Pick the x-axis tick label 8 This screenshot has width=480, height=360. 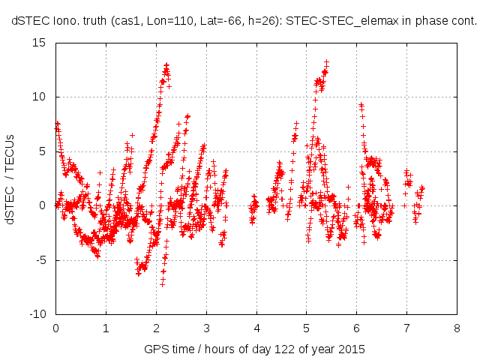pyautogui.click(x=457, y=328)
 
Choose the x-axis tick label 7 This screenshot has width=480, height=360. pyautogui.click(x=406, y=328)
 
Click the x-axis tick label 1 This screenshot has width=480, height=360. pyautogui.click(x=106, y=328)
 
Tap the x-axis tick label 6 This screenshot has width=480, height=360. pyautogui.click(x=356, y=328)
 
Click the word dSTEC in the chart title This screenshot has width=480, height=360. pyautogui.click(x=29, y=22)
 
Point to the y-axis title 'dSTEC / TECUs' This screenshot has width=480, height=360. pyautogui.click(x=10, y=178)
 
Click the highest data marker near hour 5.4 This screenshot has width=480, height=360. pyautogui.click(x=327, y=62)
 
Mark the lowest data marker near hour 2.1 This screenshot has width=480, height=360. pyautogui.click(x=162, y=284)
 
